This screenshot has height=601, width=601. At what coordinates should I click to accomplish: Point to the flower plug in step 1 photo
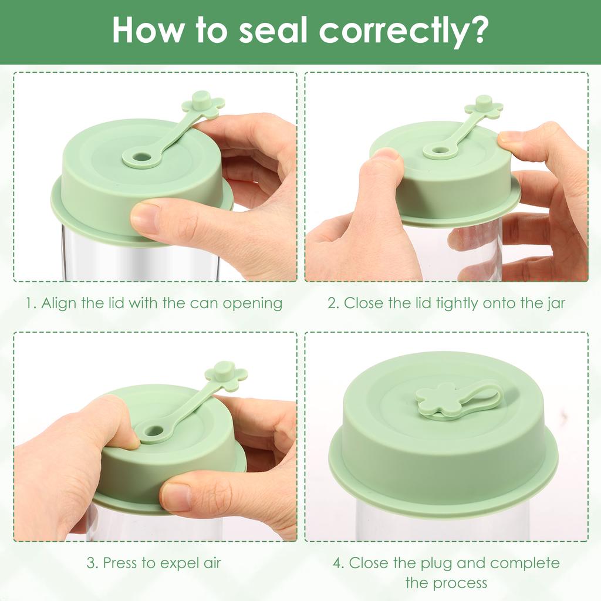202,104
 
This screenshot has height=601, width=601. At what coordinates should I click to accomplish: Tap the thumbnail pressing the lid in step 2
387,154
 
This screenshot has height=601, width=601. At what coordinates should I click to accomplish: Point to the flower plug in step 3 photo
226,376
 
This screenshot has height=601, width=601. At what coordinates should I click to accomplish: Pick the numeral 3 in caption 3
91,563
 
